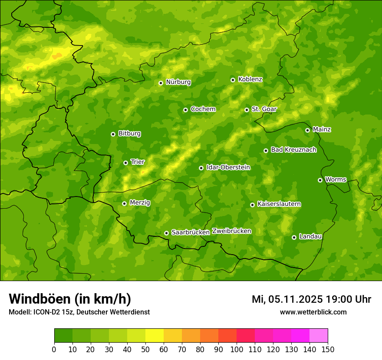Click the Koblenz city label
pos(250,79)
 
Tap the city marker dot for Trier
pos(125,163)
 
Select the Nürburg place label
pos(178,82)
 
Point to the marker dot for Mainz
pos(307,130)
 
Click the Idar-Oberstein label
pos(228,167)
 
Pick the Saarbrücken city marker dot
pos(166,233)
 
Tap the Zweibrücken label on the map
pos(231,231)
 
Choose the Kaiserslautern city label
pos(279,204)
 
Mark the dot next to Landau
pos(294,237)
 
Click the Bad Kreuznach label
pos(293,150)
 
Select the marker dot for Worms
pos(320,180)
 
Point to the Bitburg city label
pos(129,134)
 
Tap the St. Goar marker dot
pos(247,110)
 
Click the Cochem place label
pos(203,109)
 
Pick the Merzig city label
pos(140,203)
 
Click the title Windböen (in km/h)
pos(69,299)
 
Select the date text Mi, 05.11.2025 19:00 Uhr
pos(311,299)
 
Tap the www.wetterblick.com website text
pos(313,312)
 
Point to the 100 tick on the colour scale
pos(237,349)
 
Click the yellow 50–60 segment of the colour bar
pos(155,336)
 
